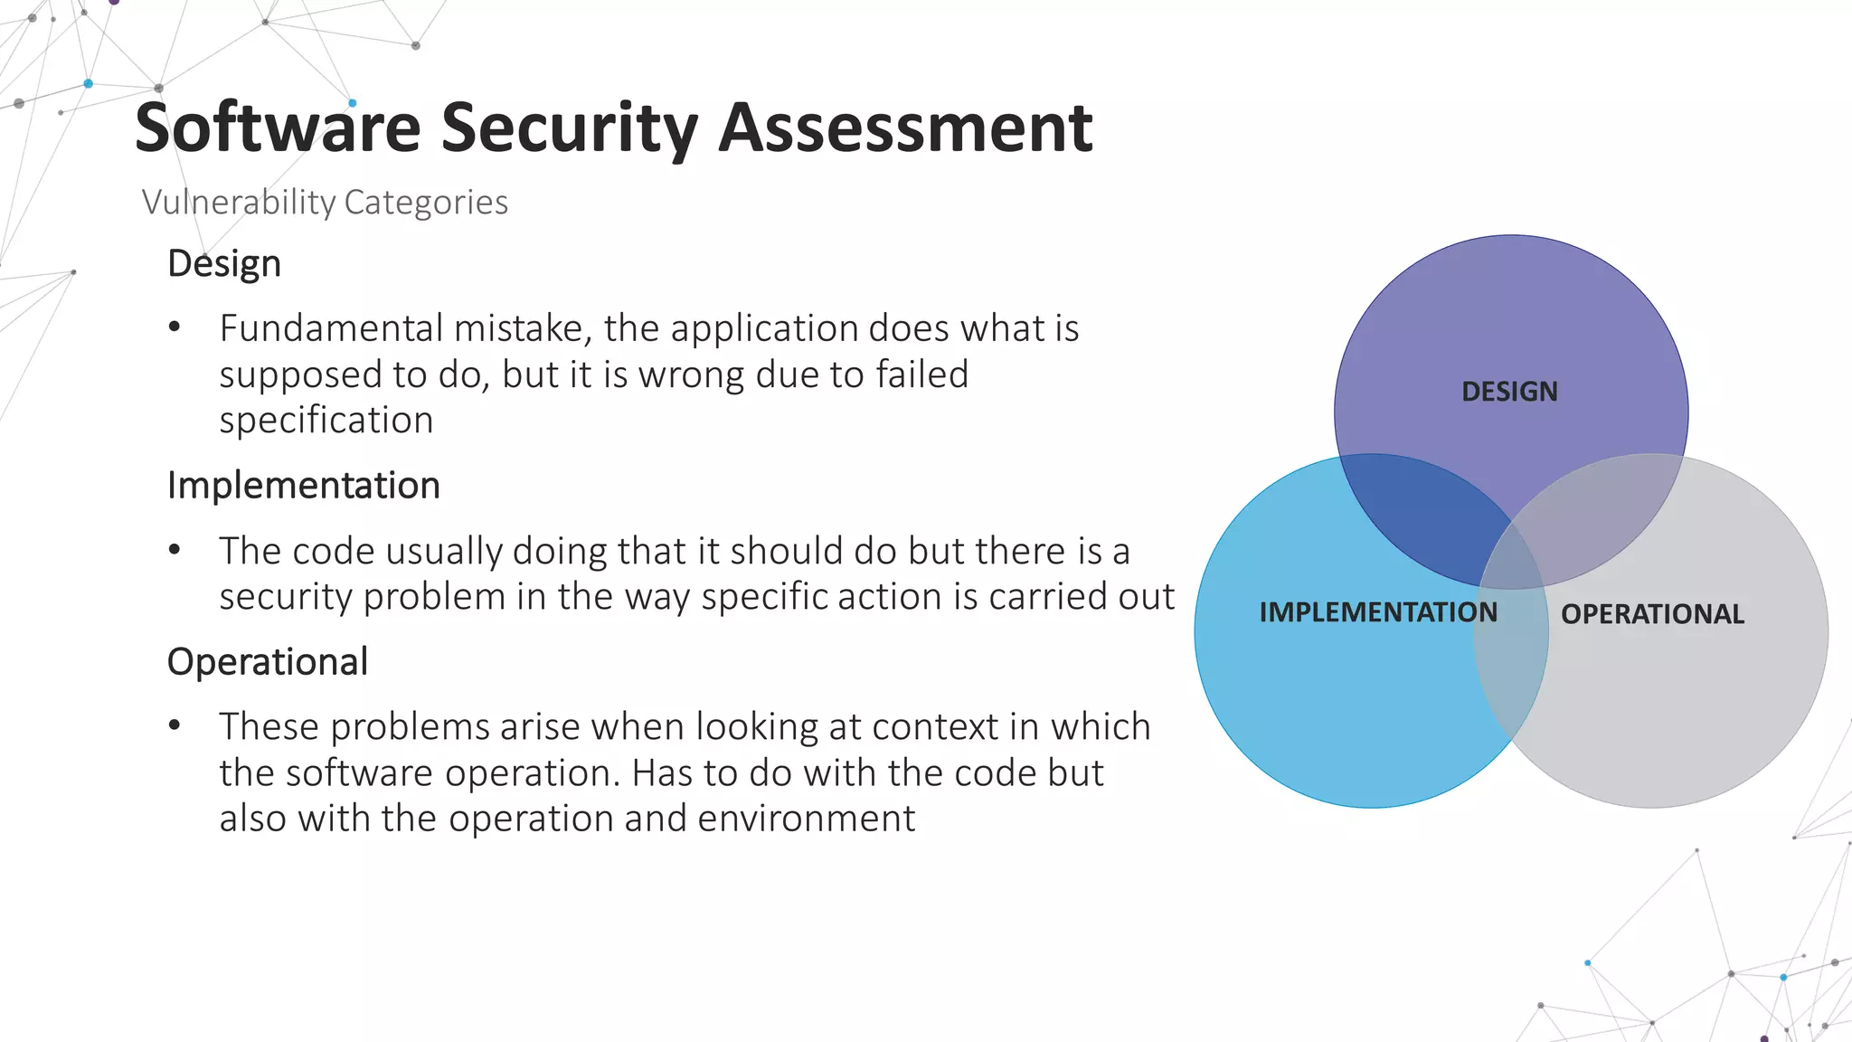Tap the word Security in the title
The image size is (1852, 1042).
pos(569,128)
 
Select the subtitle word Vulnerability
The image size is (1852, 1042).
pos(238,202)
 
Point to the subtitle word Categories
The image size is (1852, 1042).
pos(426,202)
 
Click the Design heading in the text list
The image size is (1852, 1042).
pos(224,264)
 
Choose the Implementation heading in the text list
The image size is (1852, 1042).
pos(303,486)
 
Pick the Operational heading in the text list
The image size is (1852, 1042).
pos(268,662)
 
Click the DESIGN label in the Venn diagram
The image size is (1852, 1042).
pos(1509,392)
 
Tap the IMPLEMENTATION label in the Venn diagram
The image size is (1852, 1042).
pos(1378,612)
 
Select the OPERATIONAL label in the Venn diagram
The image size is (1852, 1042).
pos(1652,614)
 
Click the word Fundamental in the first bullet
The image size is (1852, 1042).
pos(331,328)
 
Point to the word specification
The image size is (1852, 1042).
pos(326,421)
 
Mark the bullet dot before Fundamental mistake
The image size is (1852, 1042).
pos(175,328)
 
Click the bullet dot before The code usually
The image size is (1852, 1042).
pos(175,550)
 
